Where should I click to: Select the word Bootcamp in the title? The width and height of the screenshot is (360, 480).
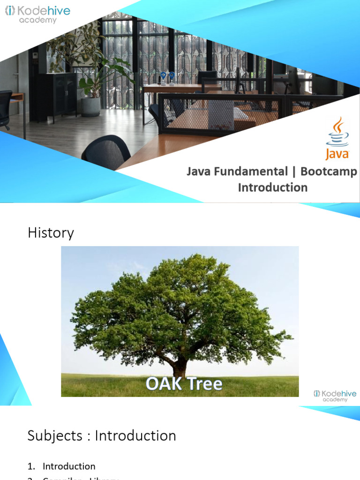(329, 172)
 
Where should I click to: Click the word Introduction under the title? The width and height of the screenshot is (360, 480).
(273, 187)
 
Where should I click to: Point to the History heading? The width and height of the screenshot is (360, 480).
(51, 233)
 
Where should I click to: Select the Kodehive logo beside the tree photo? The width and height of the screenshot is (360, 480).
(335, 396)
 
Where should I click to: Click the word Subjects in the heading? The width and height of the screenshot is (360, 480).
(55, 436)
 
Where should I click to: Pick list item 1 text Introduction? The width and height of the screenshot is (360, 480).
(69, 466)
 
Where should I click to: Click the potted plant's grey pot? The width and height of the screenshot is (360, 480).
(90, 106)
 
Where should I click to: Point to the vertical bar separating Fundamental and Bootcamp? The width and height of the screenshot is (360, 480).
(294, 172)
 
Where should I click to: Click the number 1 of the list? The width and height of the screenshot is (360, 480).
(31, 466)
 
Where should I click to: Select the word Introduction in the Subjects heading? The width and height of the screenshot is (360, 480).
(135, 436)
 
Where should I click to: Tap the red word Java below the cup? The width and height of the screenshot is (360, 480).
(337, 154)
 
